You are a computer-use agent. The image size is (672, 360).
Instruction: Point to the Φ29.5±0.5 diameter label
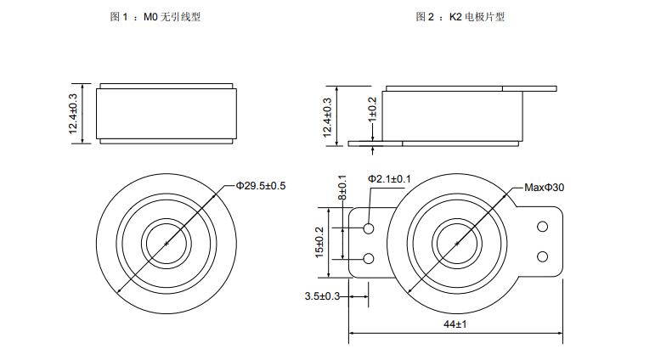pyautogui.click(x=261, y=185)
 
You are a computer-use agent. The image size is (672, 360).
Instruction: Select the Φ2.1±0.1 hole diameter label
pyautogui.click(x=389, y=179)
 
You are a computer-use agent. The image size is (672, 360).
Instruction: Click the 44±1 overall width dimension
pyautogui.click(x=455, y=325)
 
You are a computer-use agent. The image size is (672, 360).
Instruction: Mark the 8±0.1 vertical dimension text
pyautogui.click(x=342, y=188)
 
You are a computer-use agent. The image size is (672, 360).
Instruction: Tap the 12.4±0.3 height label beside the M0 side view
pyautogui.click(x=73, y=113)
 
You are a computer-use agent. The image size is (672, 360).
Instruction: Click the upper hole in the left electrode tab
pyautogui.click(x=369, y=229)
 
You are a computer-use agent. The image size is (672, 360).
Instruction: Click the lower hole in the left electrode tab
pyautogui.click(x=369, y=257)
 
